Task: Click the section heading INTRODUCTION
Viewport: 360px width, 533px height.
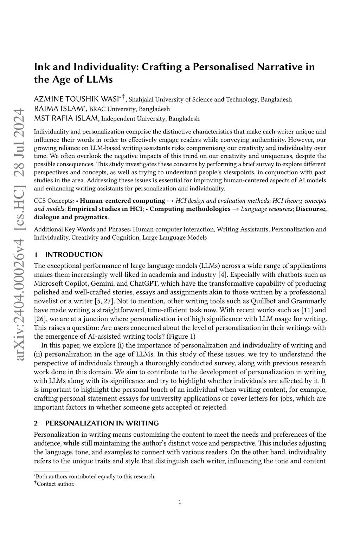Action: (74, 254)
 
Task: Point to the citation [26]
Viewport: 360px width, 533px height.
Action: (39, 319)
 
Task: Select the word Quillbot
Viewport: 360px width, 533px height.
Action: (263, 301)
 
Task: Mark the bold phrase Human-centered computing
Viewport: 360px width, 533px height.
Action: (123, 201)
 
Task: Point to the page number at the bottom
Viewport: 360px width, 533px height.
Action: (180, 502)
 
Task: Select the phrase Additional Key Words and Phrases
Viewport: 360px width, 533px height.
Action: (82, 229)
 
